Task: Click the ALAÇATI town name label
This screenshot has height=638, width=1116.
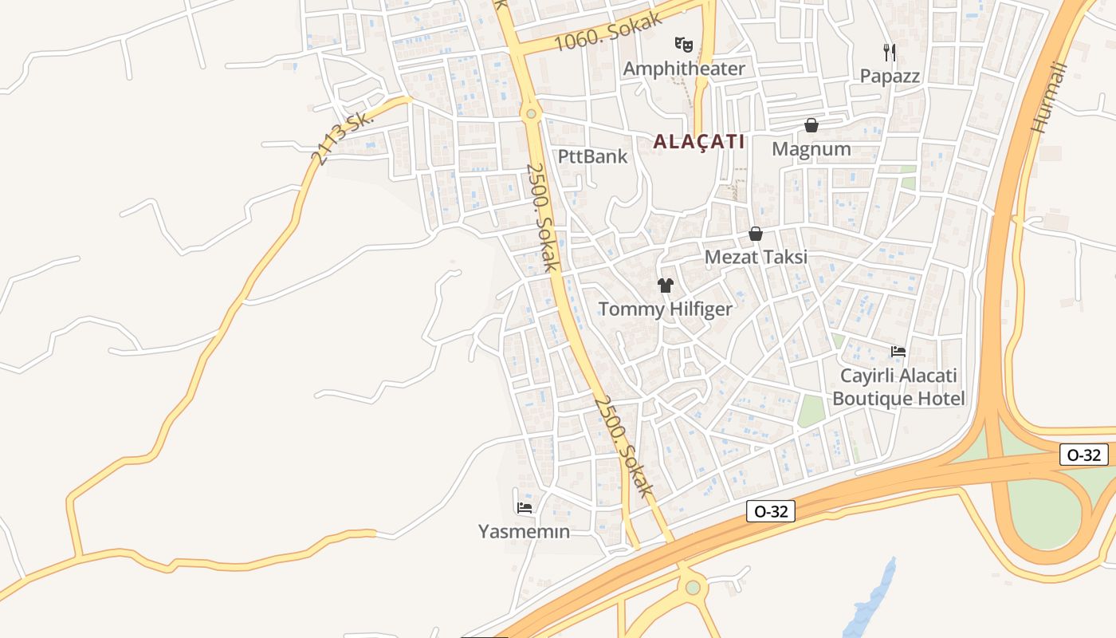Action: tap(698, 142)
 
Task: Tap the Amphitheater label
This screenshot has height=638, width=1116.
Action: tap(683, 69)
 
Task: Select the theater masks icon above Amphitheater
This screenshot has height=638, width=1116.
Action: tap(683, 44)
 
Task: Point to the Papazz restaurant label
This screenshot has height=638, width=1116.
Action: tap(890, 77)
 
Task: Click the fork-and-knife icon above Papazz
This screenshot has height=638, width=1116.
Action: tap(890, 53)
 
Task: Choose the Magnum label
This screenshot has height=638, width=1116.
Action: tap(811, 149)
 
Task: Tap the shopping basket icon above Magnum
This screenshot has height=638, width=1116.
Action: tap(811, 125)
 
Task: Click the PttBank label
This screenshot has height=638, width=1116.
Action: tap(592, 156)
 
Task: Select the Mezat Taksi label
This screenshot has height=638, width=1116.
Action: tap(756, 257)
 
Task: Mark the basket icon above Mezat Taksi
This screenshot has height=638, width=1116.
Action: tap(755, 234)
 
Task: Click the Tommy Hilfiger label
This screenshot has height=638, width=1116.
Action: tap(665, 309)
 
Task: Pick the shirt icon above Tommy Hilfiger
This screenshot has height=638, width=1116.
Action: tap(666, 286)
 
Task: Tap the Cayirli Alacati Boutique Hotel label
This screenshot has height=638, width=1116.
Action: tap(898, 387)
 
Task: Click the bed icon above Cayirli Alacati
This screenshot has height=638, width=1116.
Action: tap(898, 352)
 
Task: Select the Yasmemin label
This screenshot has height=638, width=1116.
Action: tap(524, 531)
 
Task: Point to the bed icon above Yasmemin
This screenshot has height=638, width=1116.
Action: tap(524, 507)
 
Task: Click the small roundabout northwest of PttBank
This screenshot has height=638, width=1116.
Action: tap(531, 115)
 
